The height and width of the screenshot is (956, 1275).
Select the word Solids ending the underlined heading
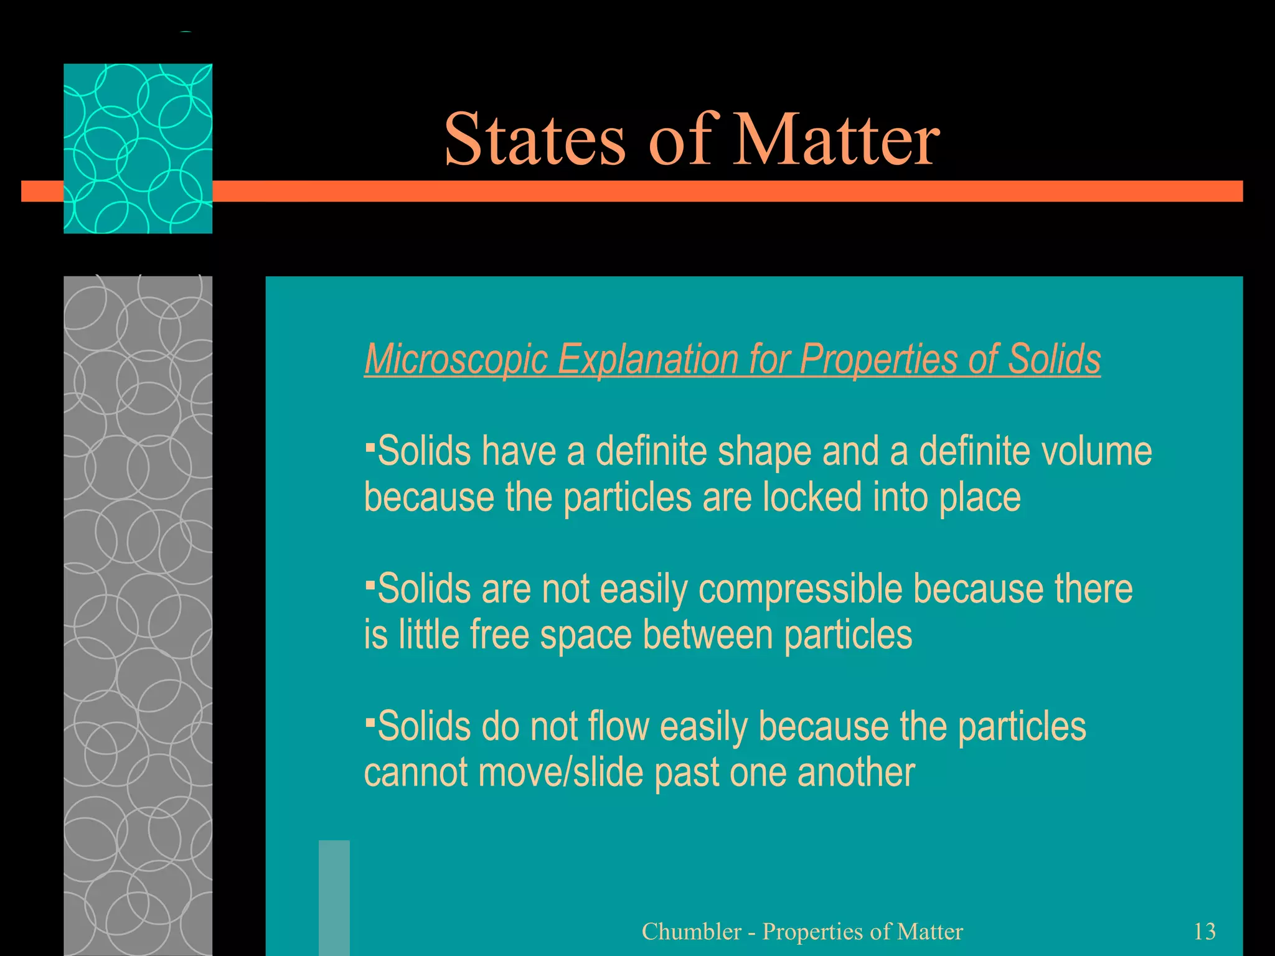click(1054, 359)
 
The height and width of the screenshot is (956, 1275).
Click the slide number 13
click(1204, 931)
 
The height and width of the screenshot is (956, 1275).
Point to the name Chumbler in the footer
click(691, 931)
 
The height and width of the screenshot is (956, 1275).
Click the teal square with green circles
click(138, 148)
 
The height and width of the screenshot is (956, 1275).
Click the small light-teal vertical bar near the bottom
click(334, 897)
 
